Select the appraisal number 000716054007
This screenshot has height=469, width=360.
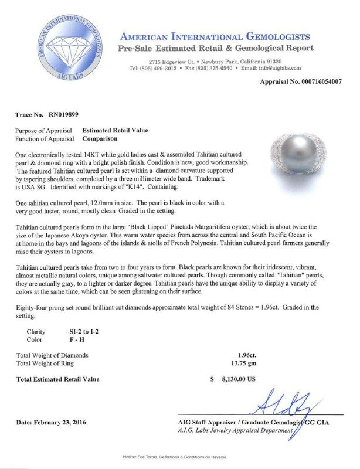pos(315,81)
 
